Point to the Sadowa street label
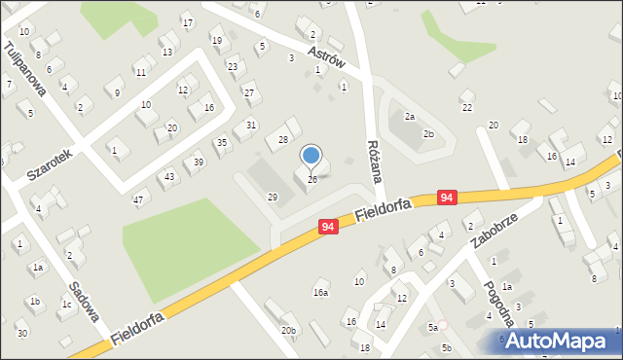pos(86,302)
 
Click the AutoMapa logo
pos(561,340)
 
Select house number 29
pos(273,198)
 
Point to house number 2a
pos(410,117)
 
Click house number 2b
pos(428,134)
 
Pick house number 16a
pos(320,292)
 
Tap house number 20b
pos(289,331)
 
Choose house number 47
pos(138,200)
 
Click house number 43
pos(169,176)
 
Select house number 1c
pos(66,305)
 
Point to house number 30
pos(21,334)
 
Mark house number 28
pos(283,140)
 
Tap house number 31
pos(251,125)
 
